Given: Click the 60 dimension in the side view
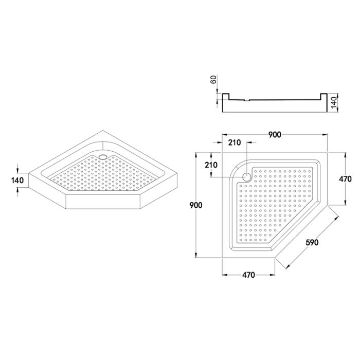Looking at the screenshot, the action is pos(213,79).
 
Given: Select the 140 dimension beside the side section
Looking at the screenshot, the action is pos(334,102).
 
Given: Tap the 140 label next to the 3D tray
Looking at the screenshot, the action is pos(17,180).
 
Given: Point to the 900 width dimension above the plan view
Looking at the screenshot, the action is pos(274,135).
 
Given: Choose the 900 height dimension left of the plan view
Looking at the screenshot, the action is pos(196,205).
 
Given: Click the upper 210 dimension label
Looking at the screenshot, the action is pos(235,142).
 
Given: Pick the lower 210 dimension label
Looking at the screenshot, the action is pos(211,165).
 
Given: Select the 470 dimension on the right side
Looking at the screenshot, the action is pos(345,179).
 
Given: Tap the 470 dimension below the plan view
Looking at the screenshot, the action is pos(248,275).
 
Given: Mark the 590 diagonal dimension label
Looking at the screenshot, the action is pos(312,242).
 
